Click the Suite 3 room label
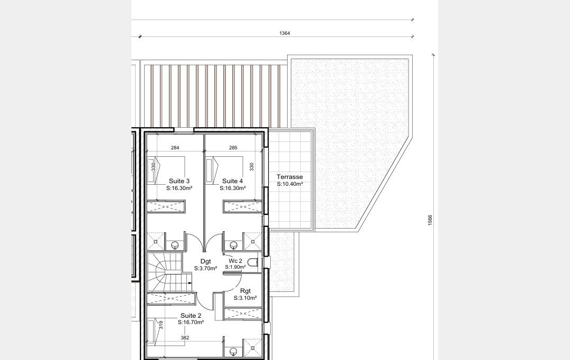pos(179,181)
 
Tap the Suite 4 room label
pos(233,181)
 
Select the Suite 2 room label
pos(191,316)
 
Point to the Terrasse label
pos(290,177)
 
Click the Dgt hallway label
pos(206,261)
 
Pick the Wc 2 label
pos(235,261)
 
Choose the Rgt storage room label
pos(245,291)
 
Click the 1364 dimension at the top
pos(284,33)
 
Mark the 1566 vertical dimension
pos(430,220)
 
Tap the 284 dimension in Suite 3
pos(175,148)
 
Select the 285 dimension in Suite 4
pos(233,148)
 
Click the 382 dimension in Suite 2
pos(185,338)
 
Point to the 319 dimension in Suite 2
pos(161,325)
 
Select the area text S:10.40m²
pos(290,184)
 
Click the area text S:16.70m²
pos(191,323)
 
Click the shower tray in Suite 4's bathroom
pos(252,241)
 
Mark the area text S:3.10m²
pos(245,298)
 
